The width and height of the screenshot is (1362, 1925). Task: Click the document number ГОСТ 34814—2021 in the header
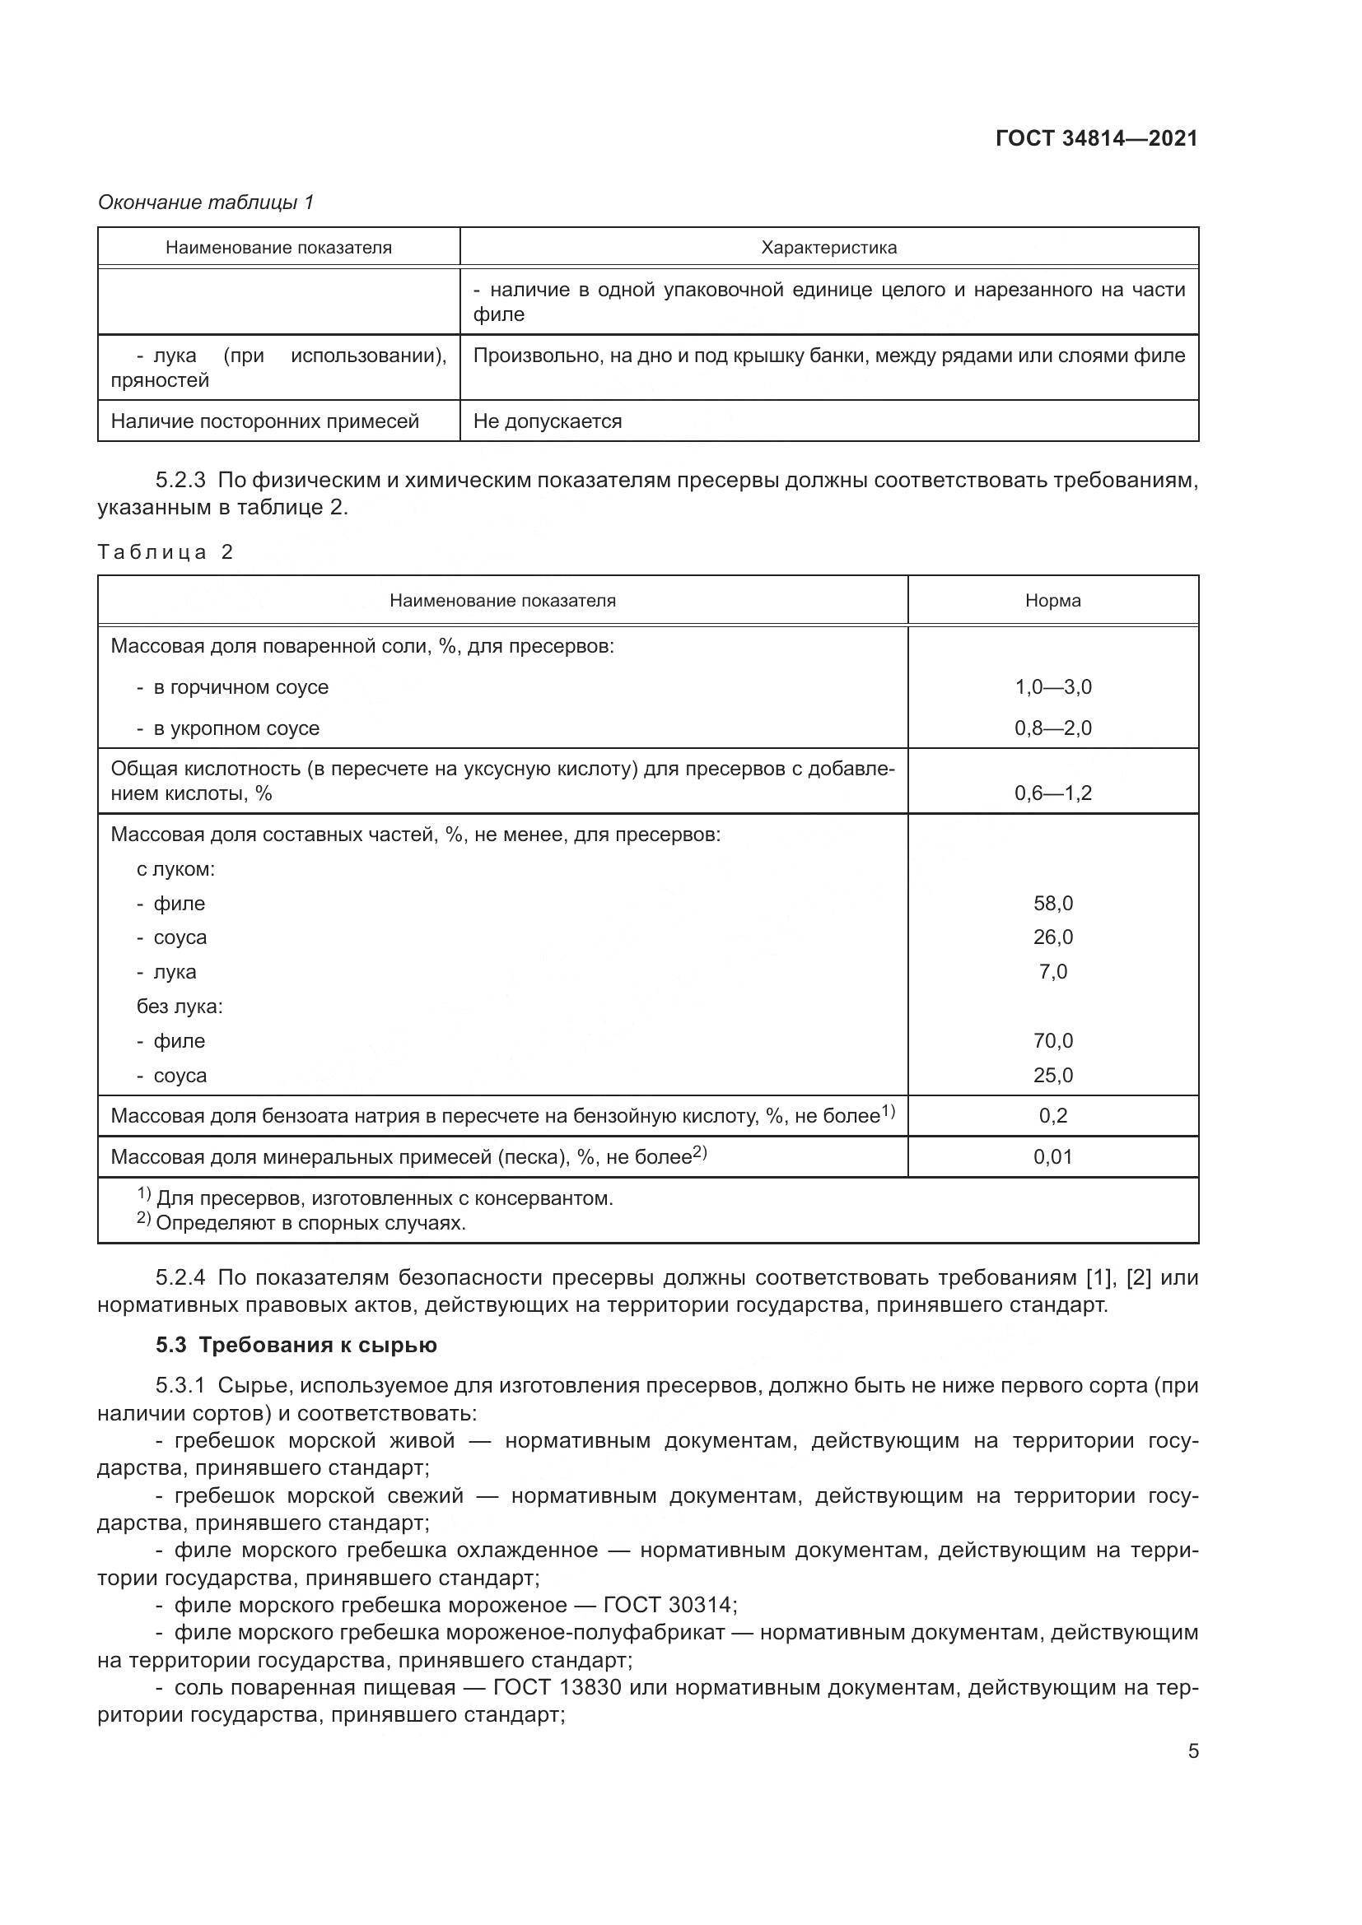click(x=1096, y=138)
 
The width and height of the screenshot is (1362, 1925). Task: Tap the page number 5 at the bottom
click(x=1192, y=1751)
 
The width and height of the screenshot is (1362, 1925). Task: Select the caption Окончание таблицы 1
click(x=206, y=202)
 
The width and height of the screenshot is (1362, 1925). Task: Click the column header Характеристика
click(x=828, y=248)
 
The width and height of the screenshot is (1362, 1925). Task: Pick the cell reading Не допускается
click(x=547, y=421)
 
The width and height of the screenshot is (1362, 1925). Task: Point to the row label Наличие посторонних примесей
click(x=264, y=421)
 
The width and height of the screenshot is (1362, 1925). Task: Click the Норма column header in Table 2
click(x=1052, y=600)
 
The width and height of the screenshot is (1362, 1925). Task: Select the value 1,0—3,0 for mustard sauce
click(x=1052, y=686)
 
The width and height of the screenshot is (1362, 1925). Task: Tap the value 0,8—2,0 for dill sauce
click(x=1052, y=728)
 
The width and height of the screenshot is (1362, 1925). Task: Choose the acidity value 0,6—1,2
click(x=1052, y=793)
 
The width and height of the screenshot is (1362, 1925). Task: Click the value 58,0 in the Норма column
click(x=1052, y=903)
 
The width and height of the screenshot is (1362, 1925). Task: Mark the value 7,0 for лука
click(x=1052, y=972)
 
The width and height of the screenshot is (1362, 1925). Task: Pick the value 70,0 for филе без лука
click(x=1052, y=1040)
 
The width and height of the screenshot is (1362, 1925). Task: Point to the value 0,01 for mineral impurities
click(x=1052, y=1157)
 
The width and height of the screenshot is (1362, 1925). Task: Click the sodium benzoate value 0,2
click(x=1052, y=1116)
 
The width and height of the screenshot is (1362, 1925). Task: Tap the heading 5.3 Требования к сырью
click(x=296, y=1345)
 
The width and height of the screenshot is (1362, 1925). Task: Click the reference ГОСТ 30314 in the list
click(x=669, y=1605)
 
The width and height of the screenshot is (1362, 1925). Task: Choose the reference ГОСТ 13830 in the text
click(x=557, y=1687)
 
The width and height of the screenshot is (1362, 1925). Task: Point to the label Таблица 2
click(x=166, y=551)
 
